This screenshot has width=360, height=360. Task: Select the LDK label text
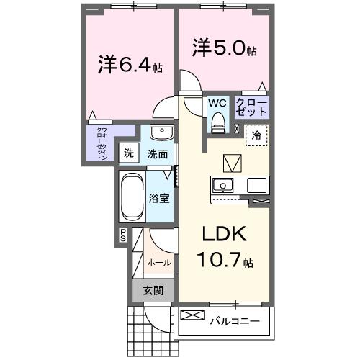pos(220,234)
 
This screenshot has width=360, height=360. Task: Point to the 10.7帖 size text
pos(223,260)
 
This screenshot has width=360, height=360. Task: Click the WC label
pos(217,103)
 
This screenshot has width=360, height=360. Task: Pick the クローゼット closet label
pos(251,107)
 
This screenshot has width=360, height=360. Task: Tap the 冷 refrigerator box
pos(256,135)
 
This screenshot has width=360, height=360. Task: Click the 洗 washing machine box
pos(128,153)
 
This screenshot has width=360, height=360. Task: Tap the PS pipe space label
pos(122,234)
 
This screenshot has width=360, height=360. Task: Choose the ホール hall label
pos(159,262)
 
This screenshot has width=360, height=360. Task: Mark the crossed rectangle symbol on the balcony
pos(192,315)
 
